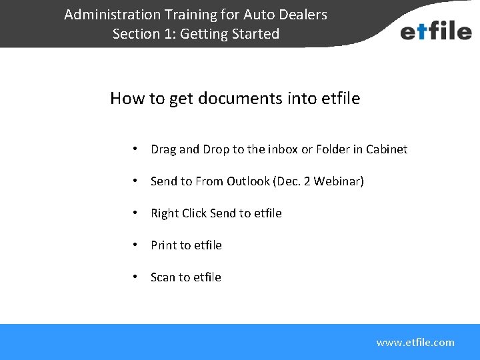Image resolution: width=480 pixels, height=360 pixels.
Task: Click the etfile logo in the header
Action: pos(435,31)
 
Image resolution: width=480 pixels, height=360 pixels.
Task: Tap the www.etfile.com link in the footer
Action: pos(415,343)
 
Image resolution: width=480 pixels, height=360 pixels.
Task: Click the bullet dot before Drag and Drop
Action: pos(135,149)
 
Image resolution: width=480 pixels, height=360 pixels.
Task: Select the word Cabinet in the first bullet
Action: pos(385,149)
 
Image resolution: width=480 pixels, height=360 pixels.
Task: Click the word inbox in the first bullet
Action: pos(283,149)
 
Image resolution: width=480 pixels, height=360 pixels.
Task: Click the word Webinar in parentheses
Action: pos(338,181)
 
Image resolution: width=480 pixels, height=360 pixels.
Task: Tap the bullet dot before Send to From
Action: pos(135,181)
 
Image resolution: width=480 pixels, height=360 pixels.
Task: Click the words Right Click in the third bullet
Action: pos(179,213)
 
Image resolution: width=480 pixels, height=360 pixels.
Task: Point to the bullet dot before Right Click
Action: pos(135,213)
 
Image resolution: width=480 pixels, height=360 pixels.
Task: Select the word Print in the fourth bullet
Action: pos(163,245)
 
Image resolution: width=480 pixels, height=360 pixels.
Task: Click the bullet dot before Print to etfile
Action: pos(135,245)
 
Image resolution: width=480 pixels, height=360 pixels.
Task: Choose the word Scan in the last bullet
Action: pos(163,277)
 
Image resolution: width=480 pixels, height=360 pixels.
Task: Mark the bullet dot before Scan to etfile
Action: pos(135,277)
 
